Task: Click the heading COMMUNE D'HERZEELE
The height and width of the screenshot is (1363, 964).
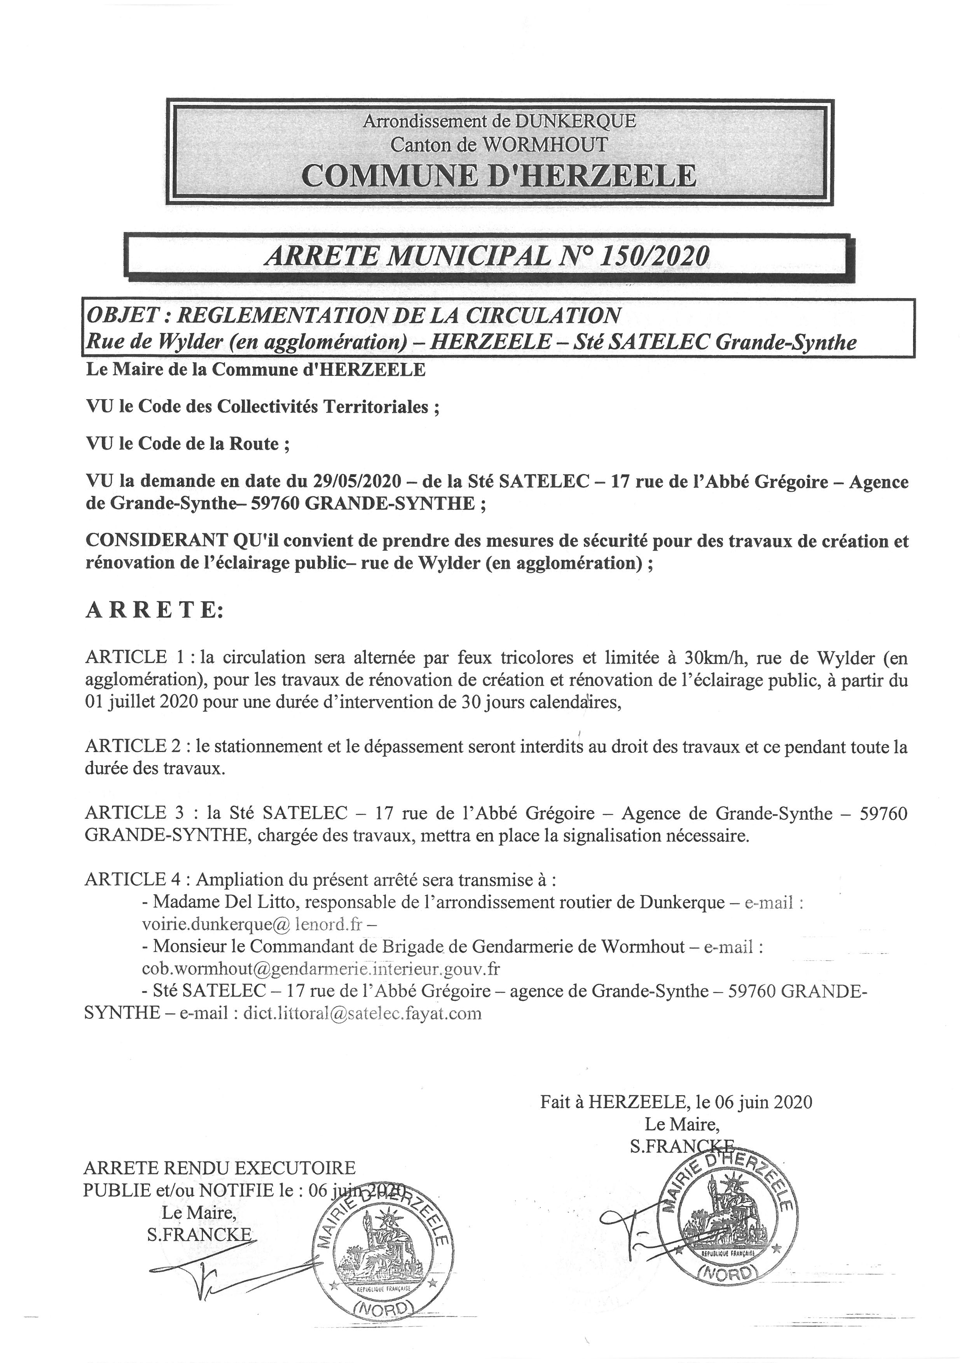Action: (499, 175)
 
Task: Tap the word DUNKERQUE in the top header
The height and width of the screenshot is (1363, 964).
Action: (576, 121)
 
